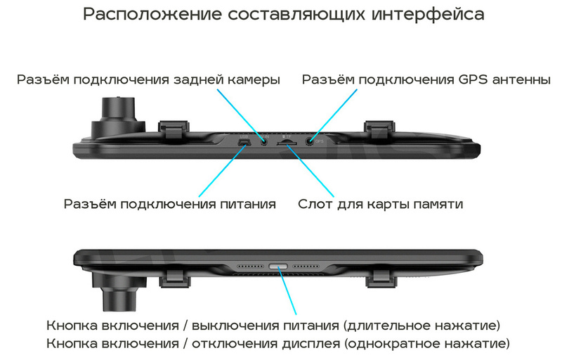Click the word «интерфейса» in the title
(428, 15)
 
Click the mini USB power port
(244, 143)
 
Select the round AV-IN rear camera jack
(264, 141)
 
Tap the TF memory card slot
(287, 143)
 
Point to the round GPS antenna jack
(310, 141)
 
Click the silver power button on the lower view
(278, 266)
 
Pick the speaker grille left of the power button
(250, 266)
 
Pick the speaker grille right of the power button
(306, 266)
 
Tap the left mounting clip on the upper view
(174, 129)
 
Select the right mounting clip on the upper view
(379, 129)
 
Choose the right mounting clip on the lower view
(381, 279)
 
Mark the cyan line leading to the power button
(287, 291)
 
